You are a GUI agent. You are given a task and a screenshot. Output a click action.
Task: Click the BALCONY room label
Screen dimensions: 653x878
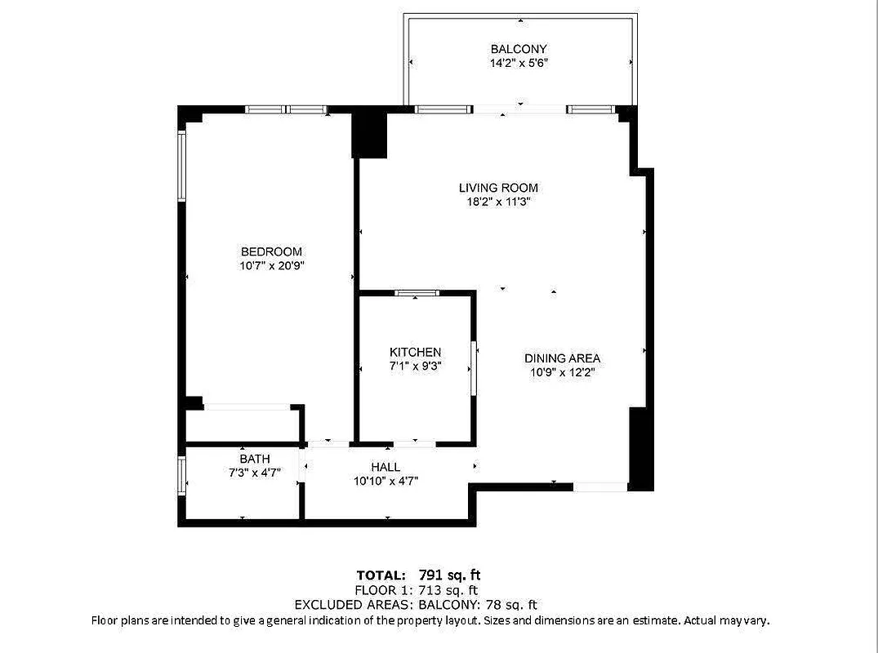coord(519,49)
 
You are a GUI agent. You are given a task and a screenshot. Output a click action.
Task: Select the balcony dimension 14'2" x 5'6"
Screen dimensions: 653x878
coord(519,63)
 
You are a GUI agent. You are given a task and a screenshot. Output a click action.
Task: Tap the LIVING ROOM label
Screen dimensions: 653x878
coord(498,188)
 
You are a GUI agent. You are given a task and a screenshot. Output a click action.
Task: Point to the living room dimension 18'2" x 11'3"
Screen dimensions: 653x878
coord(498,202)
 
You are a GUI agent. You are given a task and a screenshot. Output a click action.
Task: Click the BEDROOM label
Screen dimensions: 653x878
coord(271,251)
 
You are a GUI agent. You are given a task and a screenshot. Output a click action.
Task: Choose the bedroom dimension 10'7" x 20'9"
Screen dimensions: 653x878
coord(271,265)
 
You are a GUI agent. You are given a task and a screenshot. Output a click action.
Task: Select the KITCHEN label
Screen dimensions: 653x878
coord(415,352)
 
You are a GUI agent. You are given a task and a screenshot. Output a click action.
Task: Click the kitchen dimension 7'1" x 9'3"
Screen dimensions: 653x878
coord(415,366)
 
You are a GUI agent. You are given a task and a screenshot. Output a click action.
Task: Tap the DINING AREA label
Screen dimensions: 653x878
coord(562,358)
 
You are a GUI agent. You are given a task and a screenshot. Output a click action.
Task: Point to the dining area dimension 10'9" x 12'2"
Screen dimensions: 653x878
coord(562,372)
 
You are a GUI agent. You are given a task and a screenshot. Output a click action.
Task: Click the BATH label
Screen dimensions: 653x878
coord(254,459)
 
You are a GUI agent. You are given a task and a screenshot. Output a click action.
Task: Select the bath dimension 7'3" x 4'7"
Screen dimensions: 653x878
coord(254,473)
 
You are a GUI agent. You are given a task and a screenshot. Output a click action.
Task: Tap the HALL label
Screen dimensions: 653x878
coord(386,467)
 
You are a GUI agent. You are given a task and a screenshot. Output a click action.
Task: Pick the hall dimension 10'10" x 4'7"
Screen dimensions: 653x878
coord(386,481)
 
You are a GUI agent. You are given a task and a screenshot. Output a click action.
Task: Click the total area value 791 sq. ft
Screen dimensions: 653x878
coord(455,575)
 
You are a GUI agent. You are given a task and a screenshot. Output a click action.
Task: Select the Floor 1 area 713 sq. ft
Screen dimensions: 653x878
coord(448,590)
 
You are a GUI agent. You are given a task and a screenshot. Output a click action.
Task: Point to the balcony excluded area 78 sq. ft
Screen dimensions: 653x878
coord(511,605)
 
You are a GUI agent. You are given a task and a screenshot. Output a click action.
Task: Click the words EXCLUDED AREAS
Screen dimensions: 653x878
coord(354,605)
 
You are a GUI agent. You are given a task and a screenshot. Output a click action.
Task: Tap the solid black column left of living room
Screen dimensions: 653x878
coord(369,135)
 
